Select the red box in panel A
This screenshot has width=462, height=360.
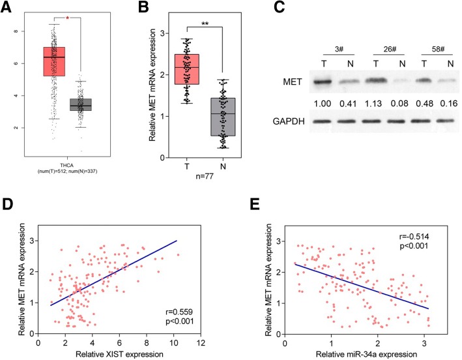tap(54, 61)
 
